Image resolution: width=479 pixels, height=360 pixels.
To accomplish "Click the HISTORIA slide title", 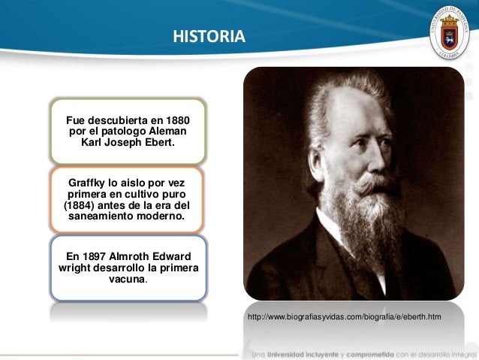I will point(209,35).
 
